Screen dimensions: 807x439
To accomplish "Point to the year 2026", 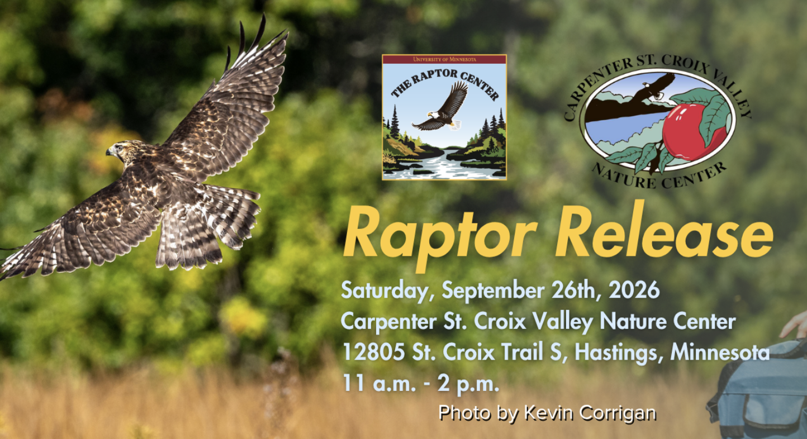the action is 634,290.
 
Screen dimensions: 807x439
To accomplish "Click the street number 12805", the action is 373,352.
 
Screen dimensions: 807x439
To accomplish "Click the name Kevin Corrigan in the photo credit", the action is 590,413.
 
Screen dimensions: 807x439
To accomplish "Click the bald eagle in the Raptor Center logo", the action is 442,108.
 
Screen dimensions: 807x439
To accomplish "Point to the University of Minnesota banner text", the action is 444,59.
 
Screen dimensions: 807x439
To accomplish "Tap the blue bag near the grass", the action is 760,393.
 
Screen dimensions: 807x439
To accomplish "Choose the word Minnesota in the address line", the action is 720,352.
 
